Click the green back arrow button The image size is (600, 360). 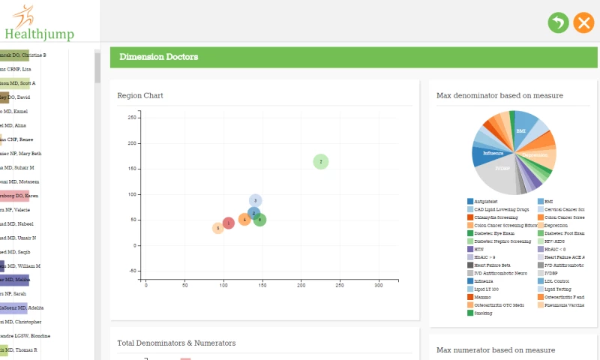click(558, 22)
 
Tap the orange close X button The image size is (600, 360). click(583, 22)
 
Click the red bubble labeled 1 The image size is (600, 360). click(229, 223)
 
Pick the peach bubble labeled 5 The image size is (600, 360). click(217, 228)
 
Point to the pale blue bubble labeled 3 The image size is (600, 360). click(255, 200)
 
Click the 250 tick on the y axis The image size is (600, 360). click(130, 118)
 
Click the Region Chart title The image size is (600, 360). click(140, 96)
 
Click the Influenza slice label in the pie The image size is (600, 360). click(493, 153)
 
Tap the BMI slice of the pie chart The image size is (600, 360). click(520, 131)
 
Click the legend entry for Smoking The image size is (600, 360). click(484, 313)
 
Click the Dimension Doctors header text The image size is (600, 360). click(159, 57)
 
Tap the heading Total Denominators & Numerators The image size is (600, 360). click(176, 343)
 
